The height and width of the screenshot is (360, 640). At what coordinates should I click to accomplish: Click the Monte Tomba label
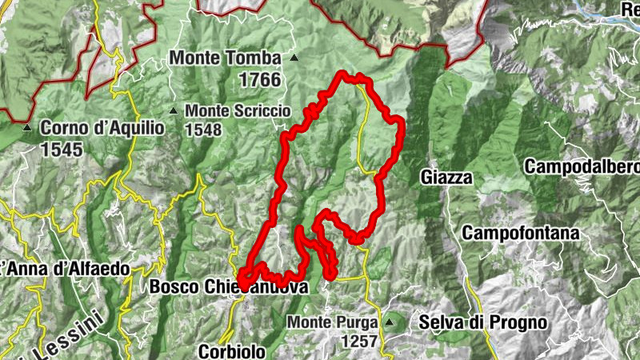pyautogui.click(x=226, y=58)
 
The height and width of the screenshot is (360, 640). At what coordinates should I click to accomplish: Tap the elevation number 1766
pyautogui.click(x=259, y=80)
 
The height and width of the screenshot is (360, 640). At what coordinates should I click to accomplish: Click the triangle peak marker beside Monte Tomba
pyautogui.click(x=294, y=58)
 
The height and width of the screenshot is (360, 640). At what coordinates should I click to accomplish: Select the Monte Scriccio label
pyautogui.click(x=238, y=111)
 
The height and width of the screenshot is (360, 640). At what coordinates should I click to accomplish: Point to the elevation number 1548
pyautogui.click(x=203, y=129)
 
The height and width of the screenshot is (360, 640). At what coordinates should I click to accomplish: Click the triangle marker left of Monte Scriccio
pyautogui.click(x=174, y=110)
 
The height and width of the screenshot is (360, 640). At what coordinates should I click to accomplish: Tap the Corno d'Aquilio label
pyautogui.click(x=102, y=127)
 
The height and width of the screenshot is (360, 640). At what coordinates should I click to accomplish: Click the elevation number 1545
pyautogui.click(x=62, y=149)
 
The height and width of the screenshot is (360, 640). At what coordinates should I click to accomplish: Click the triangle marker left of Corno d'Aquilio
pyautogui.click(x=27, y=127)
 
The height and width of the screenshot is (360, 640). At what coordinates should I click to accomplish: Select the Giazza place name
pyautogui.click(x=446, y=178)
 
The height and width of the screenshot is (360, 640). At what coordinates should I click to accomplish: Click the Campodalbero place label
pyautogui.click(x=582, y=167)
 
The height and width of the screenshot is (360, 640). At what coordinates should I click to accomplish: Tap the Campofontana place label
pyautogui.click(x=520, y=234)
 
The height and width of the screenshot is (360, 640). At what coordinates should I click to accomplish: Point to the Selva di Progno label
pyautogui.click(x=483, y=323)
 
